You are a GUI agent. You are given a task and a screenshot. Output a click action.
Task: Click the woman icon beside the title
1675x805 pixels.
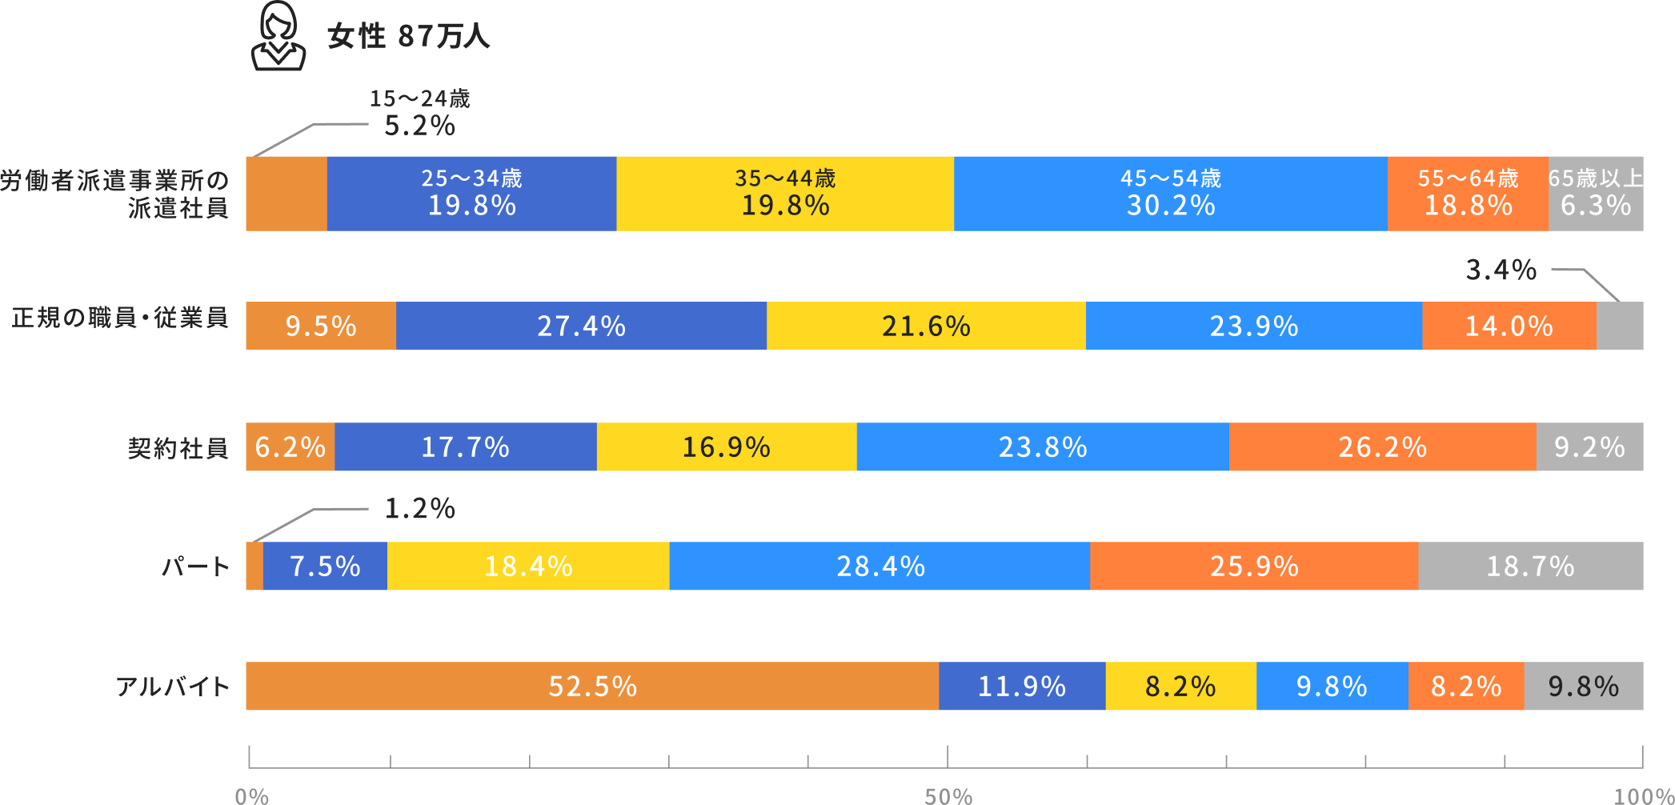(278, 36)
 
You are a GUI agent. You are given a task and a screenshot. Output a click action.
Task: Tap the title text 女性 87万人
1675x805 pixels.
(408, 36)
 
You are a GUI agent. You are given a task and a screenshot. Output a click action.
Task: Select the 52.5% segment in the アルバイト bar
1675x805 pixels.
(592, 686)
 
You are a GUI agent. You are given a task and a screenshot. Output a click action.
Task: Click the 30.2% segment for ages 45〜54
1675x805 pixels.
(1171, 194)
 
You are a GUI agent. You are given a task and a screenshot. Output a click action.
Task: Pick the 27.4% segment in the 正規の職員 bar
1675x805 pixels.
(581, 326)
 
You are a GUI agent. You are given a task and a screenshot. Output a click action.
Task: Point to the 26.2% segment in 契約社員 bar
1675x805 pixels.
(1383, 447)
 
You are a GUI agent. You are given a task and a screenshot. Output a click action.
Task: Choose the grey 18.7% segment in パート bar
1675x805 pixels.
(1531, 566)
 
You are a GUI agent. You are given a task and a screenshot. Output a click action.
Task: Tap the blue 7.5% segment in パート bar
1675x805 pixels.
(325, 566)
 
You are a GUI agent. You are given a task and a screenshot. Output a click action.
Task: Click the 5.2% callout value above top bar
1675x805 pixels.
(419, 126)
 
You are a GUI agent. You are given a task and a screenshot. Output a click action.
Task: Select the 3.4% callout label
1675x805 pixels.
(1501, 270)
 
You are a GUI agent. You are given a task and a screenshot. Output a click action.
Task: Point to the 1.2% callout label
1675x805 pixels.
(419, 508)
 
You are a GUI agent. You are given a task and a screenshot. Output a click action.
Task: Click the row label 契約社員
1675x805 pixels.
(178, 447)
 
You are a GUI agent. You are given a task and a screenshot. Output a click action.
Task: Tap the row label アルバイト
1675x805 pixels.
(173, 687)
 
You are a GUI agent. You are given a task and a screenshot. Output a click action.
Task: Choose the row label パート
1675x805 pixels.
(196, 567)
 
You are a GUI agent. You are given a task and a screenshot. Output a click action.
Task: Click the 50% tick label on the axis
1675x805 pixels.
(948, 796)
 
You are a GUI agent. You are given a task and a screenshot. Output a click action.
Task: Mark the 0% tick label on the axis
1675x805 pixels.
(251, 796)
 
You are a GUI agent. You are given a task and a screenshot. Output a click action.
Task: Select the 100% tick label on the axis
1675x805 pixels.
(1644, 796)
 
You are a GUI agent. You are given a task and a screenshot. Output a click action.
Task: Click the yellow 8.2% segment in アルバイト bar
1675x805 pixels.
(1181, 686)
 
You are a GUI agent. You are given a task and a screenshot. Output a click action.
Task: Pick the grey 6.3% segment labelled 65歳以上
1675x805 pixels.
(1596, 194)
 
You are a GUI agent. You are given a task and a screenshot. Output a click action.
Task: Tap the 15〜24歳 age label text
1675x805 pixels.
(419, 98)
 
